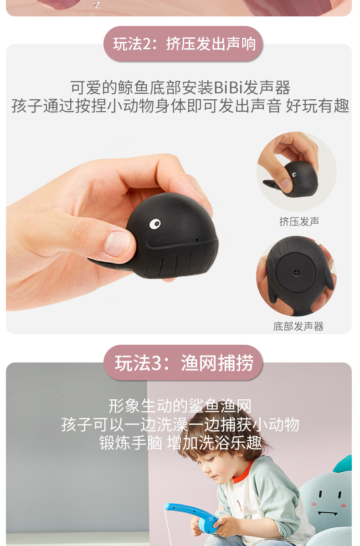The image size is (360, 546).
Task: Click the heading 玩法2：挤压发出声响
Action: [x=185, y=44]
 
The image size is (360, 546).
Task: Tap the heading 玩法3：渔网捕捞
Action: [x=184, y=363]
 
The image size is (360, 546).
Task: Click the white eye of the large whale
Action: [x=155, y=224]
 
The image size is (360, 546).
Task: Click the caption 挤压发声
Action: [x=299, y=221]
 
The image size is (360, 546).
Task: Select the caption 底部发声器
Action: [x=298, y=326]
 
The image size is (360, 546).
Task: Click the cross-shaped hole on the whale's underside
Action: [x=296, y=272]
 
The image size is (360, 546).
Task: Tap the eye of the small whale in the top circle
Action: [x=294, y=174]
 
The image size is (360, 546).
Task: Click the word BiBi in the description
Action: [x=228, y=87]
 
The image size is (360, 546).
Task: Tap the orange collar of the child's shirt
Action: [x=241, y=471]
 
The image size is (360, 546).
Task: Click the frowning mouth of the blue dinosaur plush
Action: [x=328, y=513]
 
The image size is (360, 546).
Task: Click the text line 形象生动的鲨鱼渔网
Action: [x=180, y=406]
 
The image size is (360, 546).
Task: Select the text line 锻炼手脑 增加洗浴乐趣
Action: [x=180, y=443]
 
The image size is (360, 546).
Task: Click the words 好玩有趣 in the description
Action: [x=317, y=106]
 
